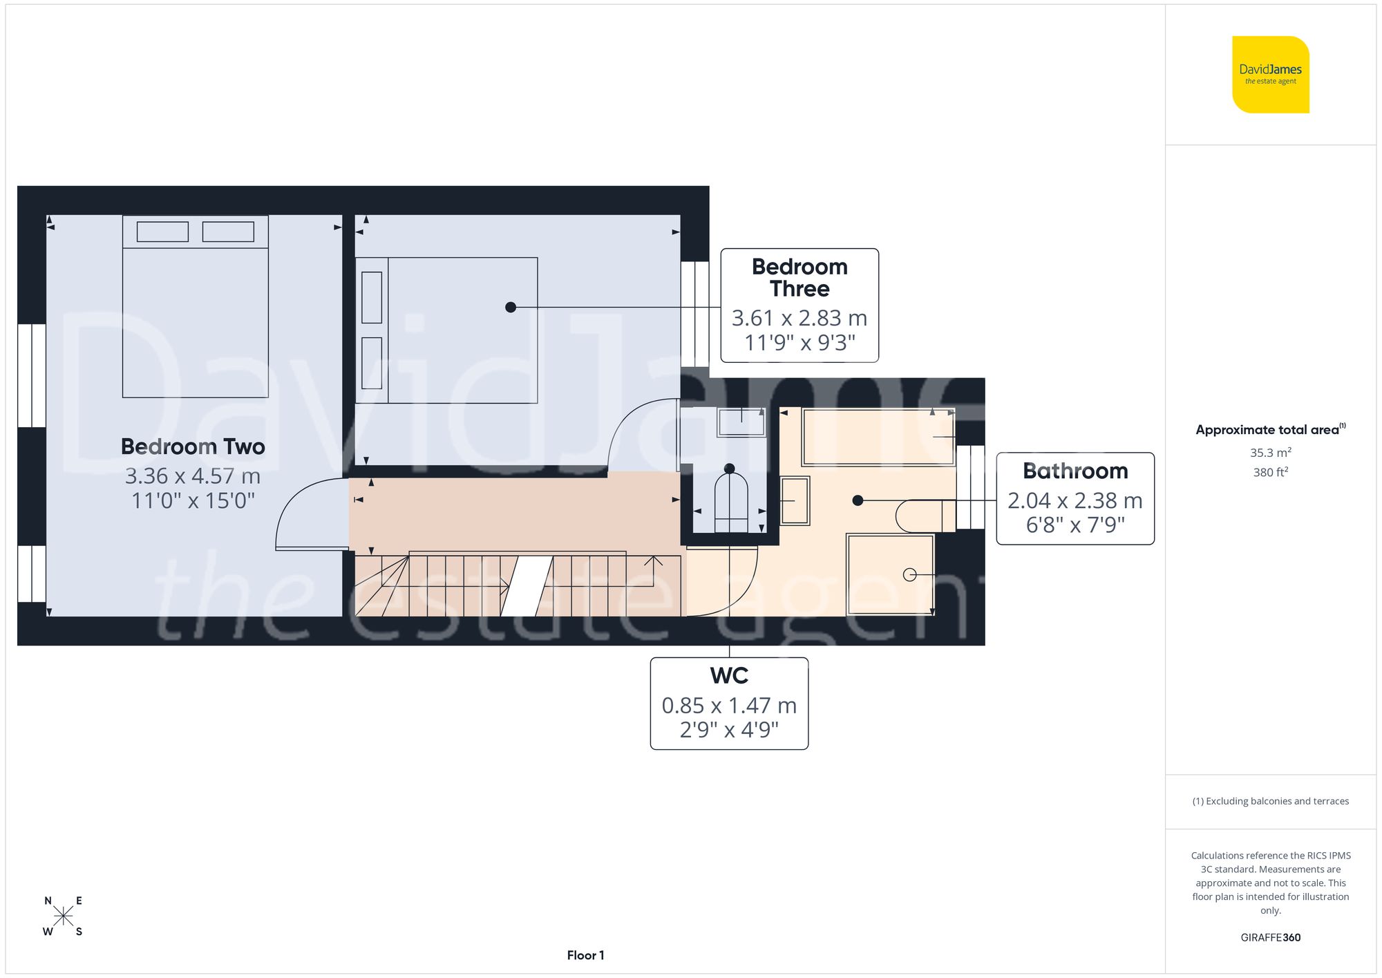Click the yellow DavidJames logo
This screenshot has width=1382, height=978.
click(1270, 75)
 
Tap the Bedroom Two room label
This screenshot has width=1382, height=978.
click(193, 446)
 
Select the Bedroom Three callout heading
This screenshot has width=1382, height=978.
click(799, 277)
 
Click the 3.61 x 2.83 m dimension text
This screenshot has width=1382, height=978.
click(799, 318)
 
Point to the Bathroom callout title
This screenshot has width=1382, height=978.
click(1075, 471)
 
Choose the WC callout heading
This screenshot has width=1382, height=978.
click(729, 675)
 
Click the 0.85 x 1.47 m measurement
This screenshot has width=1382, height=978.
click(729, 705)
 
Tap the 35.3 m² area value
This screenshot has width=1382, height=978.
click(1270, 453)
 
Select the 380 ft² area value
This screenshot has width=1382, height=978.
click(1270, 472)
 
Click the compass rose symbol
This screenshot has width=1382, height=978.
click(63, 916)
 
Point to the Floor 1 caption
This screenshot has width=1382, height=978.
click(585, 955)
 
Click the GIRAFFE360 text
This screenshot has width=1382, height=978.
click(1270, 937)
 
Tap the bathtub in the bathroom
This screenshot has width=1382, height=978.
click(878, 437)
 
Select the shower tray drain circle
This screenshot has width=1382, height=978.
click(909, 574)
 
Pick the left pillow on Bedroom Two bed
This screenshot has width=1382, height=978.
click(162, 232)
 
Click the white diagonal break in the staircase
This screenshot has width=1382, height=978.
click(527, 586)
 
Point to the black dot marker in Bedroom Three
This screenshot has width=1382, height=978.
click(511, 307)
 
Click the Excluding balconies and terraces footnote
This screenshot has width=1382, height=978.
click(1270, 801)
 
